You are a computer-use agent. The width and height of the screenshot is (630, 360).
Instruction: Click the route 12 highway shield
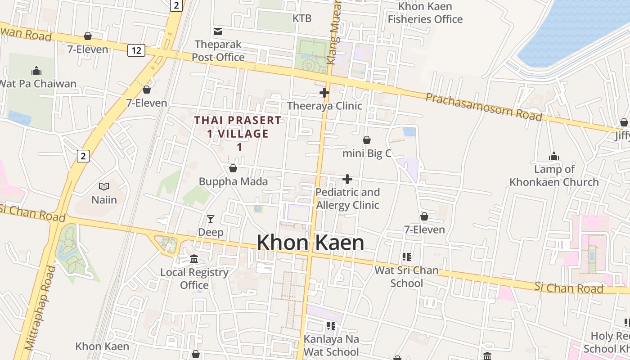click(x=136, y=50)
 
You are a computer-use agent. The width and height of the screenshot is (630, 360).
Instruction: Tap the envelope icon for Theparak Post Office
click(x=218, y=31)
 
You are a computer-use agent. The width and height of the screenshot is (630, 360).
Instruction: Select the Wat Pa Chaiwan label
click(x=37, y=84)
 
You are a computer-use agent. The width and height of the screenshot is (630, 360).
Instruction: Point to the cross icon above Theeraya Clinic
click(x=324, y=93)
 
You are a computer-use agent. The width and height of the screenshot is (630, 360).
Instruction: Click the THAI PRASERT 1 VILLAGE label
click(x=238, y=133)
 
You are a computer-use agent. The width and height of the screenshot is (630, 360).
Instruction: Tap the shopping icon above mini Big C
click(x=367, y=140)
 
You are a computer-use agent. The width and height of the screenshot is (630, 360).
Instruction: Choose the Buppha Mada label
click(x=233, y=182)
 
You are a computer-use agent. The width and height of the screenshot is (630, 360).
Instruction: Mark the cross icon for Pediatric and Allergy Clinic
click(x=347, y=179)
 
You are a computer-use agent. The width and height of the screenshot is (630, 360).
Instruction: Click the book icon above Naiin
click(x=104, y=186)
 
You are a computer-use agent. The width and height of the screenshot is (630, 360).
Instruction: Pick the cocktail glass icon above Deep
click(x=211, y=219)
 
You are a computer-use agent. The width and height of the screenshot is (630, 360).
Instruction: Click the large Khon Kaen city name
click(x=310, y=243)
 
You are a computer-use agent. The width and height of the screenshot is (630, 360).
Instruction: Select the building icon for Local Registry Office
click(x=194, y=259)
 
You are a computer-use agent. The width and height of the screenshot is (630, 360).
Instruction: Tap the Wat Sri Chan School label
click(x=406, y=277)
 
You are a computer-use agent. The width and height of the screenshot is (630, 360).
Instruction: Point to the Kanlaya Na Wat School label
click(x=331, y=345)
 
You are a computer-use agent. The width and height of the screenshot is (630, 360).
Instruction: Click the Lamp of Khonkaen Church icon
click(x=553, y=156)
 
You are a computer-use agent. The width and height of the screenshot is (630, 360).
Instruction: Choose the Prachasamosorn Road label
click(x=484, y=107)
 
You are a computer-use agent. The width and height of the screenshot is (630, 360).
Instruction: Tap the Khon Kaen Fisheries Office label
click(x=425, y=13)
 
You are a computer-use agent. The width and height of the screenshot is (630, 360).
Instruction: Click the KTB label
click(x=302, y=18)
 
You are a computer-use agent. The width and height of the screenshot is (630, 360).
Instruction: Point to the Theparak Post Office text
click(x=218, y=51)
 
